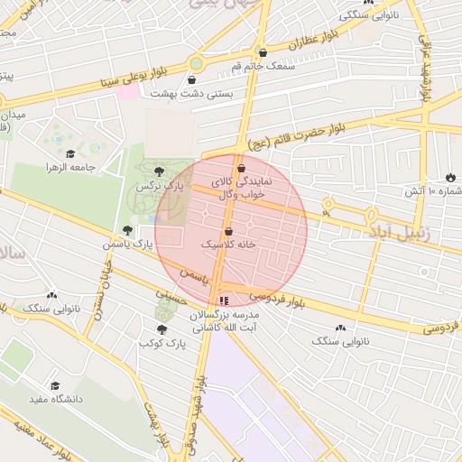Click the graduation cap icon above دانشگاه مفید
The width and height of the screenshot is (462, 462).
[56, 385]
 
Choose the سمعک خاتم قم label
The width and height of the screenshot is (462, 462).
[263, 66]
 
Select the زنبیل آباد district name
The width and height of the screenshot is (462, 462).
[403, 232]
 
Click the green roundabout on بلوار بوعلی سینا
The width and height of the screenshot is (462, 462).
[196, 64]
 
